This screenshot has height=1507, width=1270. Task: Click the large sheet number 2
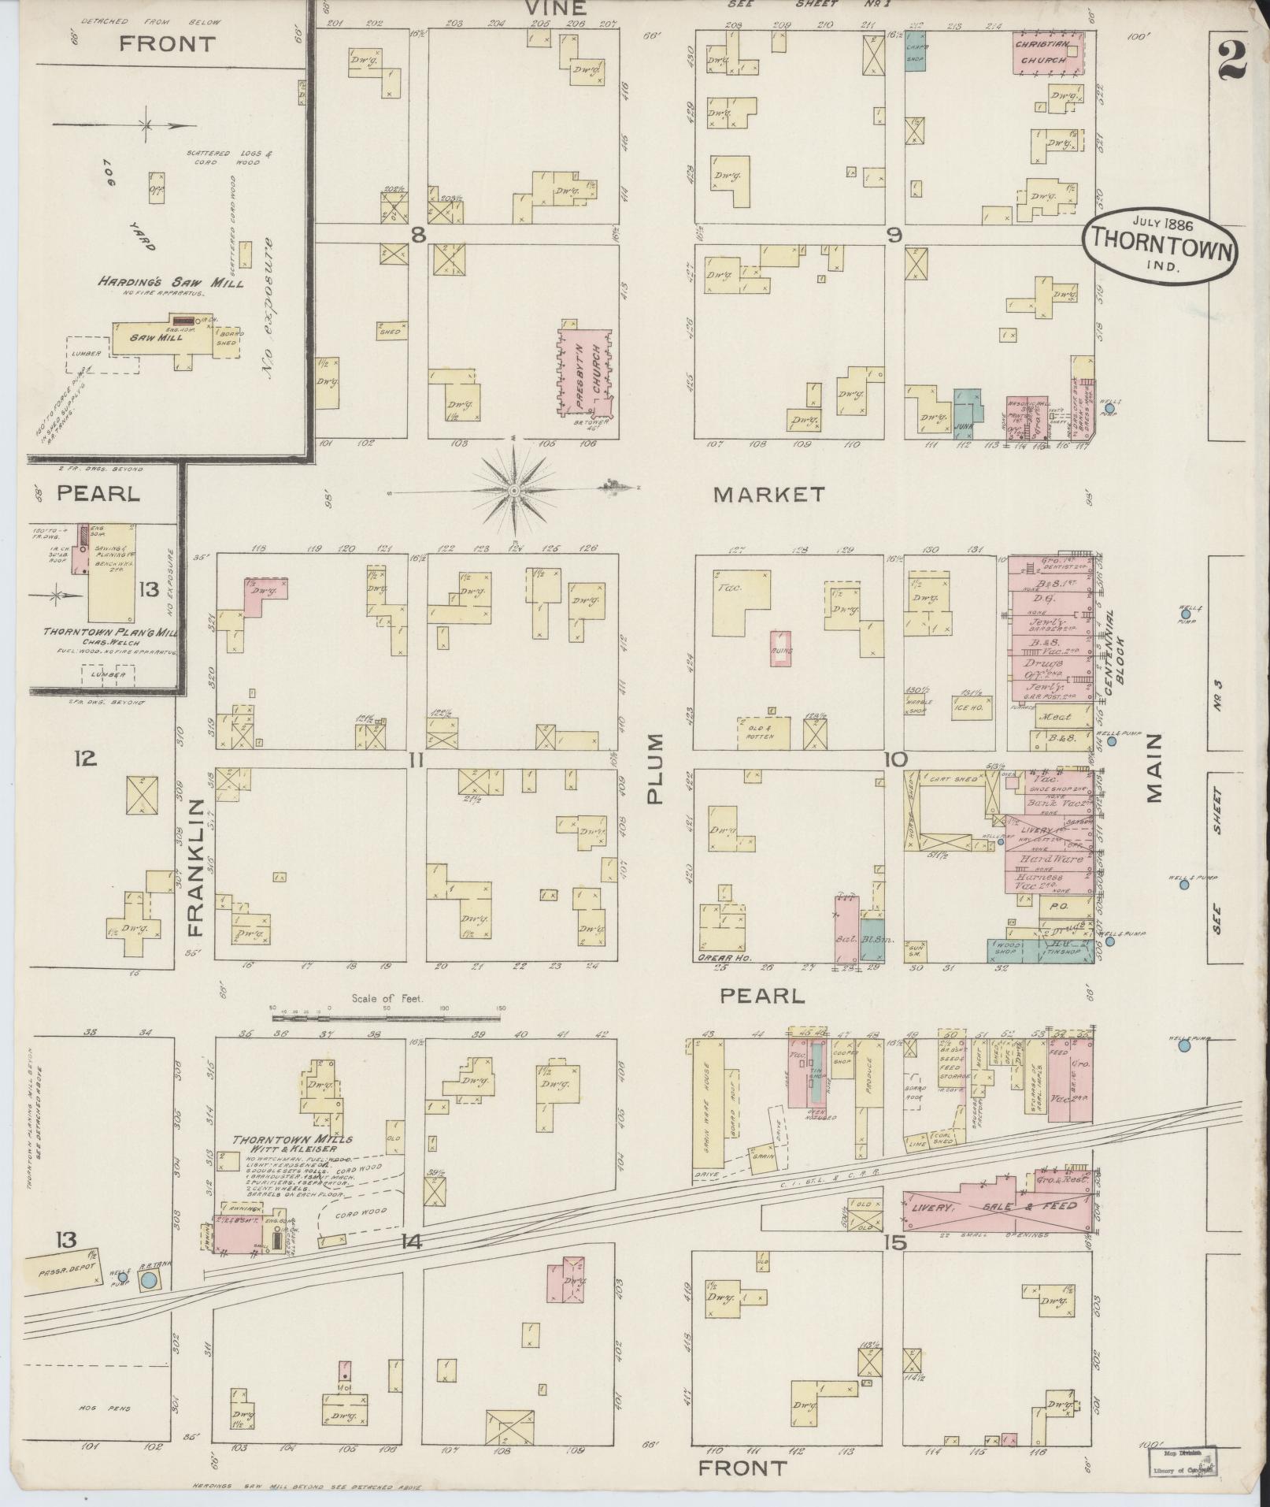pos(1232,61)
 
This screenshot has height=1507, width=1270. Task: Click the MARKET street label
pos(768,495)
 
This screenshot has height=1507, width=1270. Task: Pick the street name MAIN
pos(1153,767)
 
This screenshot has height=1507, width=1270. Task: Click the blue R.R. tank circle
pos(147,1280)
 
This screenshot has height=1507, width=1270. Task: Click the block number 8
pos(418,234)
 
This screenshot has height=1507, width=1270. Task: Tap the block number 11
pos(417,759)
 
